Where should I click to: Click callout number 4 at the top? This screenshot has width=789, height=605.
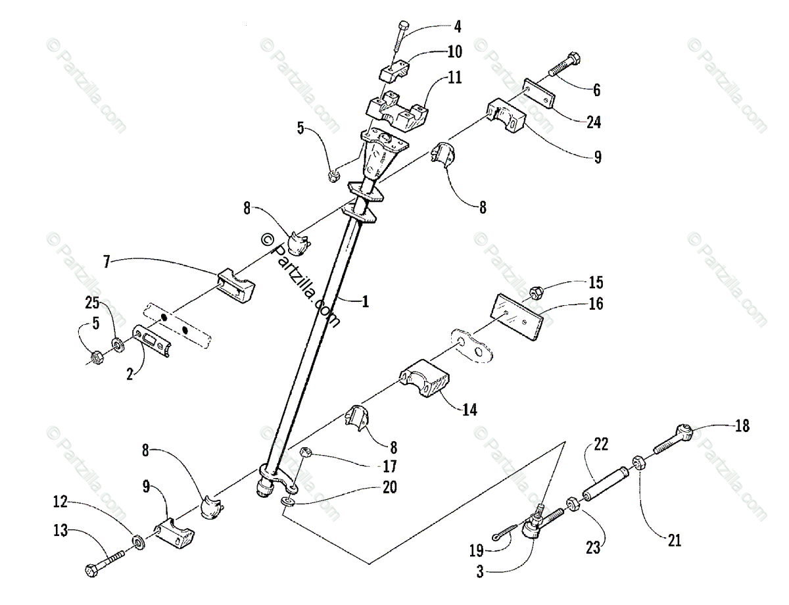point(458,28)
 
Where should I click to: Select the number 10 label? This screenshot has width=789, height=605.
point(454,51)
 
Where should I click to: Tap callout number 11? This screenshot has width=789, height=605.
point(454,78)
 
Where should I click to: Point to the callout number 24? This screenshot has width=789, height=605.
point(594,122)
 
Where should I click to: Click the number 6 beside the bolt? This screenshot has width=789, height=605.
point(596,91)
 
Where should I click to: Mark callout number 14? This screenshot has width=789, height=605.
point(469,409)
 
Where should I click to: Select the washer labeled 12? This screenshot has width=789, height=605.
point(139,542)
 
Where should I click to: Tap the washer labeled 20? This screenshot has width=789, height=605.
point(288,502)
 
